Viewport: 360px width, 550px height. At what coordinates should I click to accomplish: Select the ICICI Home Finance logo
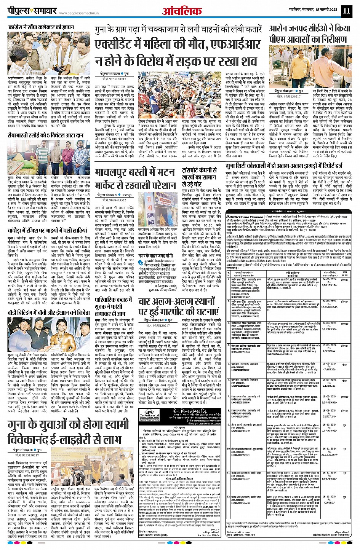click(244, 217)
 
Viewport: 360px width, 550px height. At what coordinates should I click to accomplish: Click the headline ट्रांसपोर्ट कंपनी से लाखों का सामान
click(200, 177)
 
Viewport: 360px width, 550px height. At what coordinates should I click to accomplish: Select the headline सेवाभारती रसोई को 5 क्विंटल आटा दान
click(46, 135)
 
